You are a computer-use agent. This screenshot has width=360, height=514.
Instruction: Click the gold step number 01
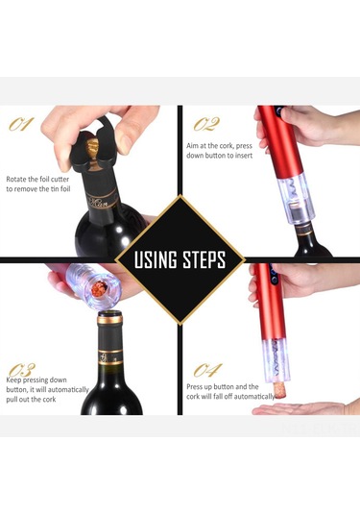[x=21, y=124]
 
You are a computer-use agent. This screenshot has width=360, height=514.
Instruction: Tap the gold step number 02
[x=206, y=124]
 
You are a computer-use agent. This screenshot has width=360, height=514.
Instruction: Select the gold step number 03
[x=22, y=370]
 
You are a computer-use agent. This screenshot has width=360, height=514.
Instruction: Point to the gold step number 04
[x=207, y=370]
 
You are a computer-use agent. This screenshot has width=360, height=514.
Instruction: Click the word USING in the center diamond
[x=156, y=259]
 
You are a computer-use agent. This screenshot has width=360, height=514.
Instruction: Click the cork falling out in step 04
[x=280, y=391]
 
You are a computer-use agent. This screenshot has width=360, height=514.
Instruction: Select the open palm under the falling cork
[x=303, y=408]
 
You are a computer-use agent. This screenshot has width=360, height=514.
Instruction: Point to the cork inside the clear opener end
[x=100, y=288]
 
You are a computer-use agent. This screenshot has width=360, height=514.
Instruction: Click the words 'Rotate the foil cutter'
[x=37, y=180]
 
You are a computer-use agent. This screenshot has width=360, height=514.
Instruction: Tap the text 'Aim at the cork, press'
[x=219, y=145]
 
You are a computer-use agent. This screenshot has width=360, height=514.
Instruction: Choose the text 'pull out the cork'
[x=31, y=400]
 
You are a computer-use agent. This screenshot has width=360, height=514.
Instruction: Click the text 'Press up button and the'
[x=223, y=387]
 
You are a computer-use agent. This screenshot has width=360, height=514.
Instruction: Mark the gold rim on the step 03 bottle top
[x=110, y=319]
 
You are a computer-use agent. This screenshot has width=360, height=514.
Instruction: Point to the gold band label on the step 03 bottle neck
[x=111, y=357]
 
